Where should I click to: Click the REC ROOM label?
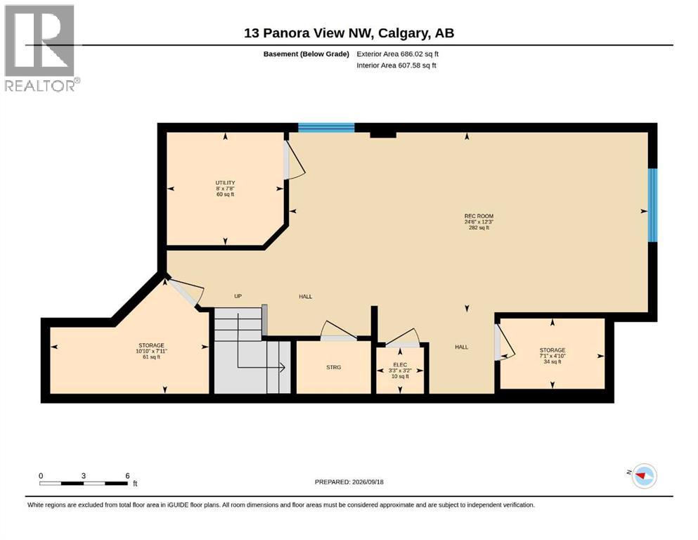click(x=479, y=216)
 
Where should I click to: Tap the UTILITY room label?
click(x=225, y=183)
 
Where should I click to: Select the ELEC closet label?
click(x=400, y=365)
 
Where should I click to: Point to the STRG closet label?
click(x=333, y=367)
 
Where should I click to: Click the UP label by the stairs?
click(x=238, y=296)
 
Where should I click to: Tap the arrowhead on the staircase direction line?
click(x=282, y=367)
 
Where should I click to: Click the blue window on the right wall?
click(x=652, y=205)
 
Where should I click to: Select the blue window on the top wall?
click(x=326, y=128)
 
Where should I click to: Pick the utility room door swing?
click(x=294, y=160)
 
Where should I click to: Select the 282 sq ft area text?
click(x=479, y=228)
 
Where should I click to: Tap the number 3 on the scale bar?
click(x=83, y=475)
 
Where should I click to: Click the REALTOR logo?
click(x=41, y=48)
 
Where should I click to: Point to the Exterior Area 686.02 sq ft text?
click(x=398, y=54)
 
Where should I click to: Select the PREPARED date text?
click(x=349, y=482)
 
